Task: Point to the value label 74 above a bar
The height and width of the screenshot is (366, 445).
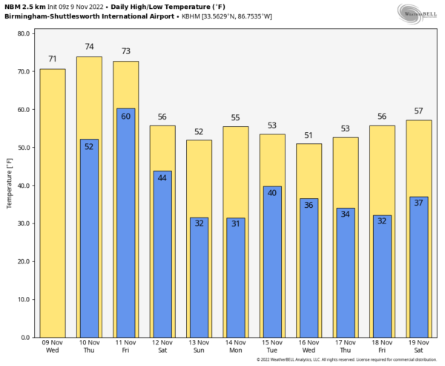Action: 90,46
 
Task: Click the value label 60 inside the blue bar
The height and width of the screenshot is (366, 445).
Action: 126,116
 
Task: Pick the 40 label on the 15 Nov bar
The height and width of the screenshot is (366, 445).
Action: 272,193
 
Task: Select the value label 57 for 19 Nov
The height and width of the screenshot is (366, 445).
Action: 419,111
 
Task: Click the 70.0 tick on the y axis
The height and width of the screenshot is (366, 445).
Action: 22,72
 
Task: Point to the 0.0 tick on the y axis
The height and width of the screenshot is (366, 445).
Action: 24,338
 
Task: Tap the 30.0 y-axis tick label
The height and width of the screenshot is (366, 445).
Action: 22,224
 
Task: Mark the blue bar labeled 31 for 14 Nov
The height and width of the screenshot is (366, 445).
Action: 236,282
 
